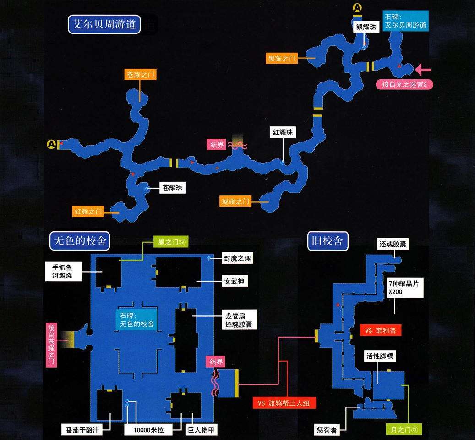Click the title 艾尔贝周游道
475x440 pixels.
[x=104, y=24]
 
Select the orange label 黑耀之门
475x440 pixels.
[x=283, y=58]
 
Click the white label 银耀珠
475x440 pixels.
[x=366, y=28]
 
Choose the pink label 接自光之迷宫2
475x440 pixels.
[x=404, y=84]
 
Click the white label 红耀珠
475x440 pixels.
[x=283, y=133]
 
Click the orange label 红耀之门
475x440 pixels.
[x=88, y=212]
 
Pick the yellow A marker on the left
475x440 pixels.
[x=52, y=145]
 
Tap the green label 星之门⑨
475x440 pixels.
[x=171, y=242]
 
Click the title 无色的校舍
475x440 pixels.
[x=80, y=240]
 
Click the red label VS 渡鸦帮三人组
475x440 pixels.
[x=284, y=403]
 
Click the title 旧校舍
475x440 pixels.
[x=328, y=240]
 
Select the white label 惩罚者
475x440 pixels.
[x=327, y=430]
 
